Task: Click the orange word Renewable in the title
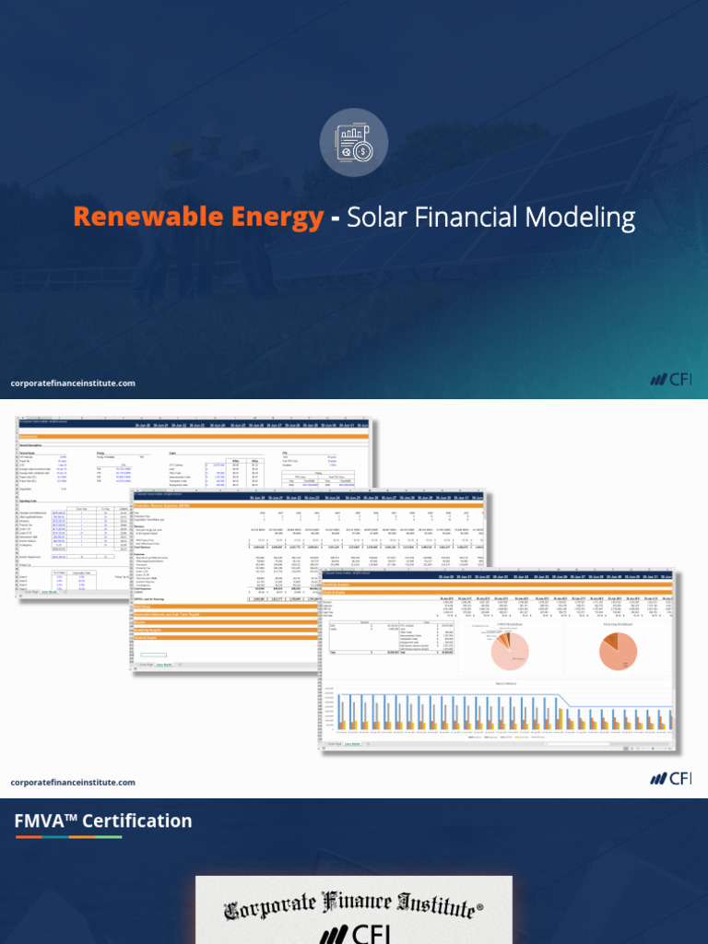click(x=137, y=218)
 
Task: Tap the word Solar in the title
click(x=377, y=218)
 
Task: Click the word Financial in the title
click(x=465, y=218)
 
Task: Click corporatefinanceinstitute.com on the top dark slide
click(x=73, y=383)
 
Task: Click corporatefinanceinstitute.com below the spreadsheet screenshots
click(x=73, y=782)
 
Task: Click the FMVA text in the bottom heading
click(x=43, y=820)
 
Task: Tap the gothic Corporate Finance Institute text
click(x=353, y=905)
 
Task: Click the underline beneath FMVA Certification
click(x=68, y=837)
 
